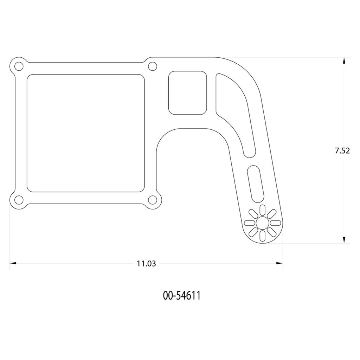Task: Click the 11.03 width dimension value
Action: pyautogui.click(x=146, y=263)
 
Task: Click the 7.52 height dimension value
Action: pyautogui.click(x=342, y=151)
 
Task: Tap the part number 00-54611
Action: pyautogui.click(x=182, y=296)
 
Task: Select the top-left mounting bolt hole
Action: pyautogui.click(x=19, y=66)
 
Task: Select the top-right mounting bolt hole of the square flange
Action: pyautogui.click(x=152, y=66)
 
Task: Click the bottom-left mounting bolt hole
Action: pyautogui.click(x=19, y=200)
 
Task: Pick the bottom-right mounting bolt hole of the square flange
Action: pyautogui.click(x=152, y=200)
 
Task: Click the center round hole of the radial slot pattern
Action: pyautogui.click(x=262, y=223)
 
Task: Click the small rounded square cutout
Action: pyautogui.click(x=187, y=93)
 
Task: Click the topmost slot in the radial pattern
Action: pyautogui.click(x=262, y=210)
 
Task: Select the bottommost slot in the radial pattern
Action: pyautogui.click(x=262, y=236)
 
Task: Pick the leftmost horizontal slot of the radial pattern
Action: pyautogui.click(x=249, y=223)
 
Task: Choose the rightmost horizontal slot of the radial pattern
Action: pyautogui.click(x=275, y=223)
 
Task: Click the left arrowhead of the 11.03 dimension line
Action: pyautogui.click(x=13, y=263)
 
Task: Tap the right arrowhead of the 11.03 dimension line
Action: pyautogui.click(x=279, y=263)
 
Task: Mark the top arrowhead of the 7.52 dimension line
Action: pyautogui.click(x=344, y=60)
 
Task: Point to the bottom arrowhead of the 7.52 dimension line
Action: pyautogui.click(x=344, y=240)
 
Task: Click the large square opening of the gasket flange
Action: pyautogui.click(x=86, y=133)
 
